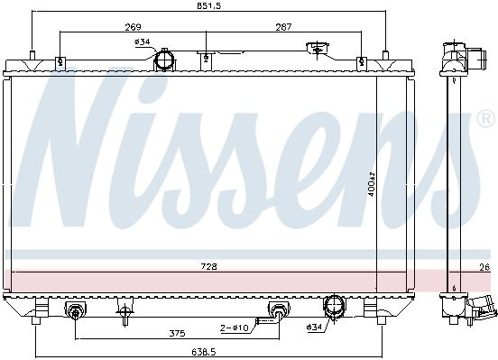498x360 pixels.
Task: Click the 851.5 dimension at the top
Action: pos(209,5)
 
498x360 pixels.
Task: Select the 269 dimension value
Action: pos(133,27)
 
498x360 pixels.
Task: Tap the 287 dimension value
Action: pos(283,27)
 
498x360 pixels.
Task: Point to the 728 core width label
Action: pos(208,266)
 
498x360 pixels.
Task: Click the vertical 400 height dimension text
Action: pos(372,184)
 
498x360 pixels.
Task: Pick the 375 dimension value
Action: pos(177,333)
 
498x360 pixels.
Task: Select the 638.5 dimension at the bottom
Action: pos(204,352)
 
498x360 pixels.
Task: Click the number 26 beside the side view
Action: pos(484,268)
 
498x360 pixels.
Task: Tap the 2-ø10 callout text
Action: pos(235,328)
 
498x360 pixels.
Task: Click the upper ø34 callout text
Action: pos(142,42)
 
